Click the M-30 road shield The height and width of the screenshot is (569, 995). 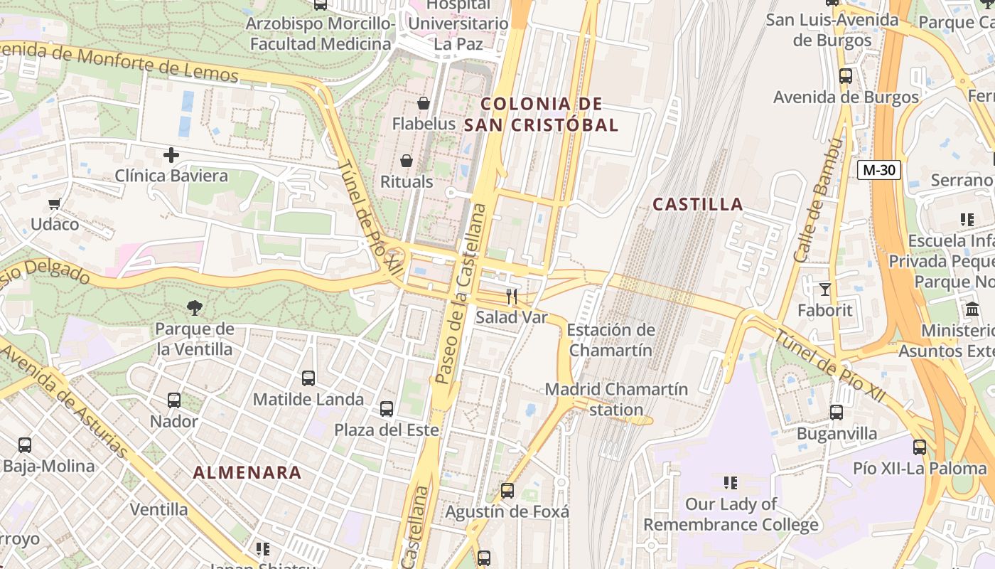(x=879, y=170)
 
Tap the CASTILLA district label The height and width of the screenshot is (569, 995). (x=698, y=205)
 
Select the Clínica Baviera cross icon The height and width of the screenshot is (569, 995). (x=171, y=154)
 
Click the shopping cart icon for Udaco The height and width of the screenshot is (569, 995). (x=54, y=204)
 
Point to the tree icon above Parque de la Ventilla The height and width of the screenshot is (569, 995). (x=194, y=307)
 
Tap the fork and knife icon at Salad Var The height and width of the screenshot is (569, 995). (x=512, y=296)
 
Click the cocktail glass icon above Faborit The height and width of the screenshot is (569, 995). (x=824, y=289)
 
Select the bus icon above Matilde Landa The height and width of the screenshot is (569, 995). (x=308, y=378)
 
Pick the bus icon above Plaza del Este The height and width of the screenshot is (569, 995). (x=387, y=409)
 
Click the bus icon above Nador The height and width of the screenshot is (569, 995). (x=174, y=400)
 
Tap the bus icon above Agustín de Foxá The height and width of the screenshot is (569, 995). (x=507, y=491)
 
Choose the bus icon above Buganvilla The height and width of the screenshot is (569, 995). (x=837, y=413)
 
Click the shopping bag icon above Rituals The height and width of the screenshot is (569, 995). (x=407, y=161)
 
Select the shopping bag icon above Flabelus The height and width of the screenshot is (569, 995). (x=424, y=103)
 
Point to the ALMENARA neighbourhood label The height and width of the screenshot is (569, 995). (x=247, y=472)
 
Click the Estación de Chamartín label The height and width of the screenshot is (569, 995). (x=611, y=340)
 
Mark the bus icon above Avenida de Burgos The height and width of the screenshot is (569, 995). (x=846, y=76)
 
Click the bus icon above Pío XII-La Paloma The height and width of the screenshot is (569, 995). (x=920, y=447)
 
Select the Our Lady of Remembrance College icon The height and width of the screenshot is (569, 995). (x=730, y=483)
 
